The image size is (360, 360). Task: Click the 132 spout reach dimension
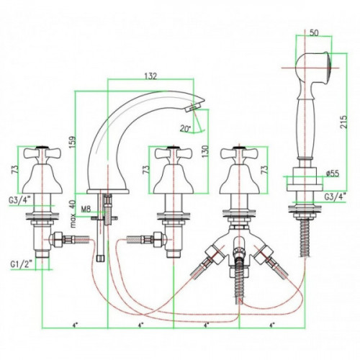[150, 76]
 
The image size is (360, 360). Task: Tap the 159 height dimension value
[72, 143]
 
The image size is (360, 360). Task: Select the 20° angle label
[185, 129]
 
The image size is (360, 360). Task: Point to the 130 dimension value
[205, 152]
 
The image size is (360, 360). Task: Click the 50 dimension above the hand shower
[314, 32]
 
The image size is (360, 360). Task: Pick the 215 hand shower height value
[343, 122]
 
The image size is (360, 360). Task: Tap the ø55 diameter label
[333, 174]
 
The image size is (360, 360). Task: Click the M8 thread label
[86, 210]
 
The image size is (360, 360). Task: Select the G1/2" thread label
[22, 264]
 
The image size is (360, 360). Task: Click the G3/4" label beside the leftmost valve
[20, 201]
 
